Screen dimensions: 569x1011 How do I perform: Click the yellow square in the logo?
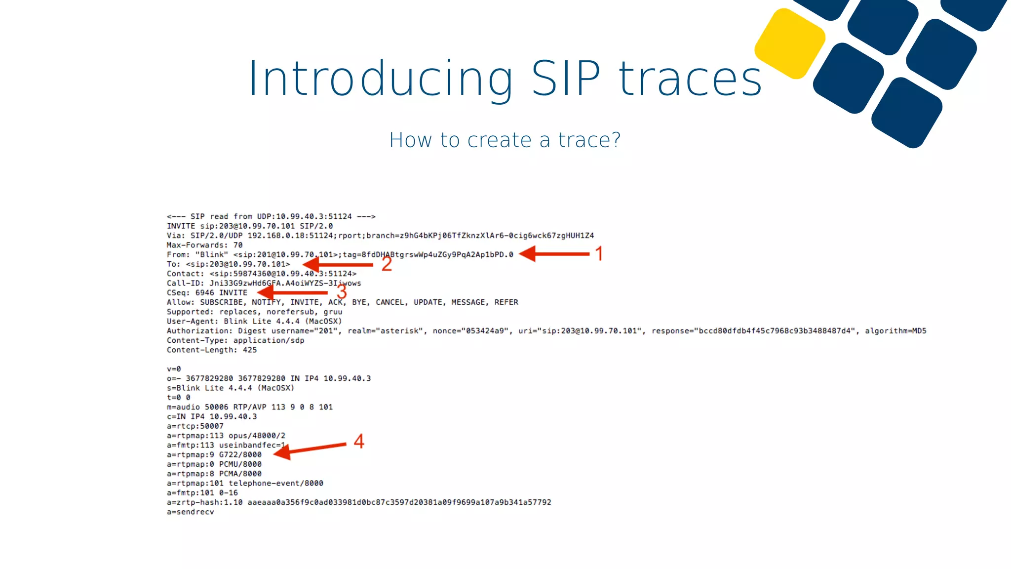tap(790, 43)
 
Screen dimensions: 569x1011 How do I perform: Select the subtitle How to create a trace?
tap(505, 140)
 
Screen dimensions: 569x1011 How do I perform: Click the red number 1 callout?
tap(599, 254)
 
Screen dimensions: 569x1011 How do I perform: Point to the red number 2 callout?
tap(387, 264)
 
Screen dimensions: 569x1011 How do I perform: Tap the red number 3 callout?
tap(342, 292)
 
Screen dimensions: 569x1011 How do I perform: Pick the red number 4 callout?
tap(359, 441)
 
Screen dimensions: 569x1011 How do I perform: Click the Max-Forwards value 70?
tap(238, 245)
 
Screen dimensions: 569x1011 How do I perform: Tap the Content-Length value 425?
tap(250, 350)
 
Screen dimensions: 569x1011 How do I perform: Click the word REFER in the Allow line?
tap(506, 302)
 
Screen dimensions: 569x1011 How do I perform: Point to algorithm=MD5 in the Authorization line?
tap(895, 331)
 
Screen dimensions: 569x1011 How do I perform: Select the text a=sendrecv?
tap(191, 512)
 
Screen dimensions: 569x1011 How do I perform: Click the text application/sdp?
tap(269, 341)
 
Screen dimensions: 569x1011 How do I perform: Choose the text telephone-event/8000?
tap(276, 484)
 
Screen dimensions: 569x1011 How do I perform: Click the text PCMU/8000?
tap(240, 464)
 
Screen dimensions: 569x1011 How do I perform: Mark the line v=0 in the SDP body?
tap(174, 369)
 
